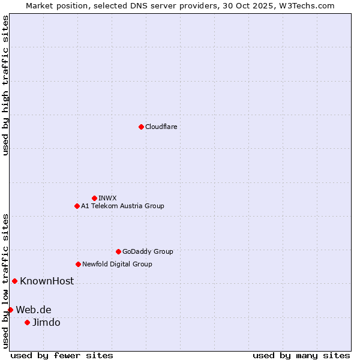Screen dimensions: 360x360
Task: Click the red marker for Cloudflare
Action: [x=141, y=127]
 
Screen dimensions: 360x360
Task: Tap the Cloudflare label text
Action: [x=161, y=127]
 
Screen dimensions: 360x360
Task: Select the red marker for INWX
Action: [x=94, y=198]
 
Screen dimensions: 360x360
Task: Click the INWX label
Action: [x=107, y=198]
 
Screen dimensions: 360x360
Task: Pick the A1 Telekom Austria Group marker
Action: [x=77, y=206]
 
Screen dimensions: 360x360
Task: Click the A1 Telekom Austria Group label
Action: [x=122, y=206]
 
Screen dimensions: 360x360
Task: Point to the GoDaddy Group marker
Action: [x=118, y=251]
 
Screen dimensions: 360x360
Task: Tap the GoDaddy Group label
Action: [x=147, y=251]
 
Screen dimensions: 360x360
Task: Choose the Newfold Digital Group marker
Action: [x=78, y=264]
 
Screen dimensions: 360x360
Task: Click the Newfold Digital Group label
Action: [x=117, y=264]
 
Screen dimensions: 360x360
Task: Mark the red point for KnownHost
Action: [x=14, y=281]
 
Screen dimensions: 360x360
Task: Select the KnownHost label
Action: [x=47, y=281]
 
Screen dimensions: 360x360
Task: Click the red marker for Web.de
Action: [x=10, y=310]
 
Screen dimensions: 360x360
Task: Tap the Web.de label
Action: [x=34, y=310]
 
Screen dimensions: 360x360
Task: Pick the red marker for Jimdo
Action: [x=27, y=322]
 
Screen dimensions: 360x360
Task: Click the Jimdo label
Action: [x=46, y=322]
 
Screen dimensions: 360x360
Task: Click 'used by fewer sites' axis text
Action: [x=62, y=355]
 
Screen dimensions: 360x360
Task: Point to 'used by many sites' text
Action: [x=301, y=355]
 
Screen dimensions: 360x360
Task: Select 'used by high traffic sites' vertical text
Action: [x=5, y=85]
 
